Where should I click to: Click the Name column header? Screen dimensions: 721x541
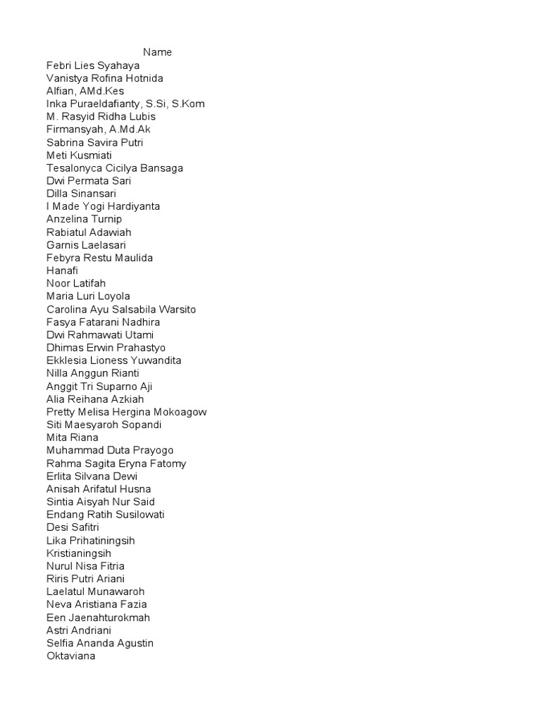pos(158,52)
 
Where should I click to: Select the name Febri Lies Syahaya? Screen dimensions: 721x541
pos(93,65)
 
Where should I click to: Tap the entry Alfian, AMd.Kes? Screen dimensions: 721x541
pos(85,91)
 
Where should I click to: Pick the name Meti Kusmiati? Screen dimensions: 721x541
pos(79,155)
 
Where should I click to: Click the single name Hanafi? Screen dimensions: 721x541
pos(62,270)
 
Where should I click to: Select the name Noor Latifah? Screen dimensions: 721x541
pos(76,283)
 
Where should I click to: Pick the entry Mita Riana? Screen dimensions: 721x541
pos(73,437)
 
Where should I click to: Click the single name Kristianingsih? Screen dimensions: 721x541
pos(79,553)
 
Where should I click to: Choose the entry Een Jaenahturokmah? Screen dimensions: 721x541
pos(98,617)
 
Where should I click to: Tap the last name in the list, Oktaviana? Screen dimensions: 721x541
pos(70,656)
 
